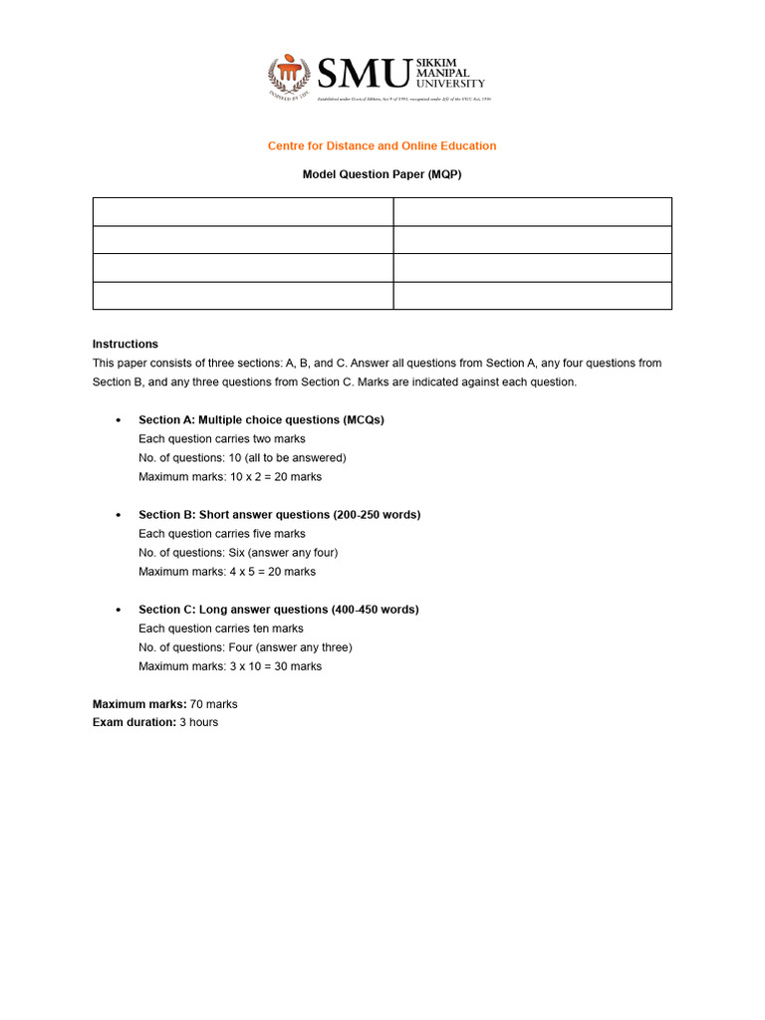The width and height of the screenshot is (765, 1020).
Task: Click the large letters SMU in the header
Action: click(x=364, y=75)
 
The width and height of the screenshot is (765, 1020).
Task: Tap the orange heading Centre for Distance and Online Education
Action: click(x=382, y=145)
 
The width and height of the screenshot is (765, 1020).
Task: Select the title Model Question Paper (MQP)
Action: click(x=382, y=174)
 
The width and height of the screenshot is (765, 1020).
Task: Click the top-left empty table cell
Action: click(x=243, y=211)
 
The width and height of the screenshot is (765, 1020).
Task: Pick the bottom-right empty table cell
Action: click(x=532, y=296)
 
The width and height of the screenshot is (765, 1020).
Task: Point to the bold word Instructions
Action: click(x=126, y=344)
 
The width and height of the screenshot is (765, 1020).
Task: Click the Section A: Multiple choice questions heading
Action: click(x=261, y=419)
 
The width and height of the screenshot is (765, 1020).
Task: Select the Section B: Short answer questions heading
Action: click(x=279, y=515)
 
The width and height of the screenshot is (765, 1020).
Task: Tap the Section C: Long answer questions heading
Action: click(x=278, y=610)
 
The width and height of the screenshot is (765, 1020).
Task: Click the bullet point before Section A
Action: click(x=120, y=420)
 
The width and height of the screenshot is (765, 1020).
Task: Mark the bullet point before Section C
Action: click(x=120, y=611)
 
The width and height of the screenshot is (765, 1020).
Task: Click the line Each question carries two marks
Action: click(x=222, y=439)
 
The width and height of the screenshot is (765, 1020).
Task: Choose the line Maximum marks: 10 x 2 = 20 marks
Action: click(x=230, y=477)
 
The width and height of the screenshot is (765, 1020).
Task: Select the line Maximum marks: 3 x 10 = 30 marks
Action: click(x=230, y=666)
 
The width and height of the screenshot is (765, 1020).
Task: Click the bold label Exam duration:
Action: click(x=133, y=722)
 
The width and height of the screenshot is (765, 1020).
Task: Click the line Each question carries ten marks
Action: click(x=221, y=629)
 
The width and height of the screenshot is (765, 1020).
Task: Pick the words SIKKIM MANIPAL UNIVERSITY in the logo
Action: click(x=450, y=73)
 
